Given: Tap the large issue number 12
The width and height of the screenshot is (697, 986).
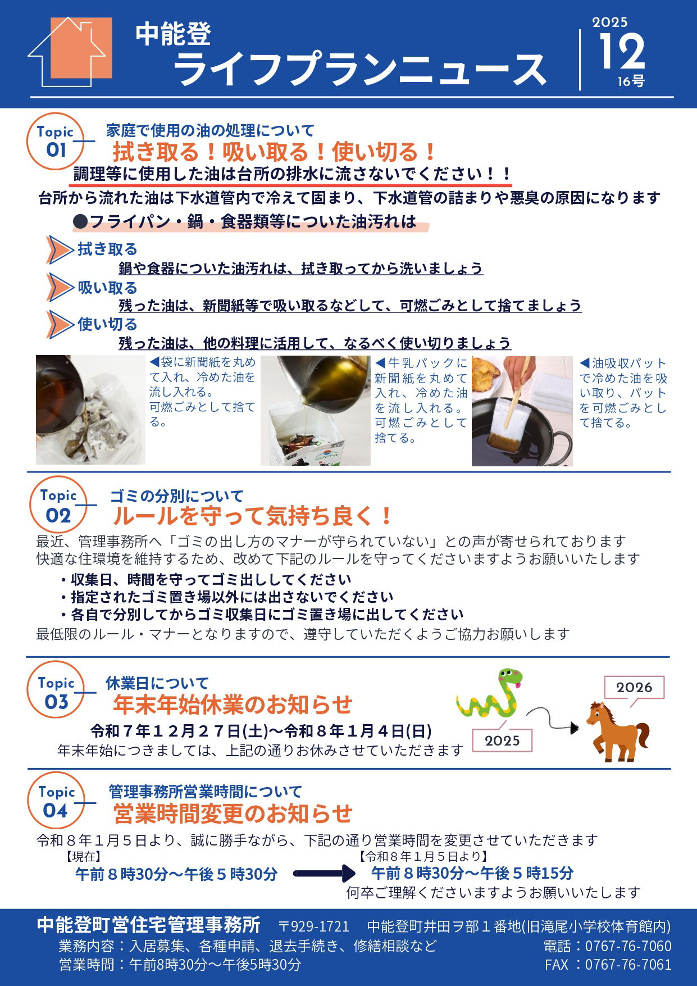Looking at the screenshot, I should click(x=621, y=52).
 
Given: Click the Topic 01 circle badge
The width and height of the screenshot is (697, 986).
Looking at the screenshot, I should click(x=55, y=142).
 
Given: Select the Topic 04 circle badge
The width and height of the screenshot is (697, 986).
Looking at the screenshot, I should click(x=56, y=802).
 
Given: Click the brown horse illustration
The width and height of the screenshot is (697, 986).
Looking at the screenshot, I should click(x=617, y=730).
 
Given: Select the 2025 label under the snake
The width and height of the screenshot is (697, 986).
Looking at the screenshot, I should click(x=502, y=740).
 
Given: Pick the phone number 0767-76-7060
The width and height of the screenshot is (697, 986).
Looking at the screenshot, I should click(x=628, y=946).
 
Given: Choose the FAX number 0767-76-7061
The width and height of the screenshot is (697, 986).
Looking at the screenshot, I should click(x=628, y=965).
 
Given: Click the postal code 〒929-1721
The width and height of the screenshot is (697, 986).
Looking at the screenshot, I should click(x=314, y=926).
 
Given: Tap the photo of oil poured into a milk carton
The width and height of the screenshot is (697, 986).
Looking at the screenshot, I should click(x=315, y=411).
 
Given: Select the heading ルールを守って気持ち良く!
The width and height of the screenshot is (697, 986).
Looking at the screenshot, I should click(x=252, y=515).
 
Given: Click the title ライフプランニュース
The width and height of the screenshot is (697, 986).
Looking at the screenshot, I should click(x=359, y=70).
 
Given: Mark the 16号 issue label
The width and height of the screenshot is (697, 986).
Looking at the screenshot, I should click(x=631, y=82).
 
